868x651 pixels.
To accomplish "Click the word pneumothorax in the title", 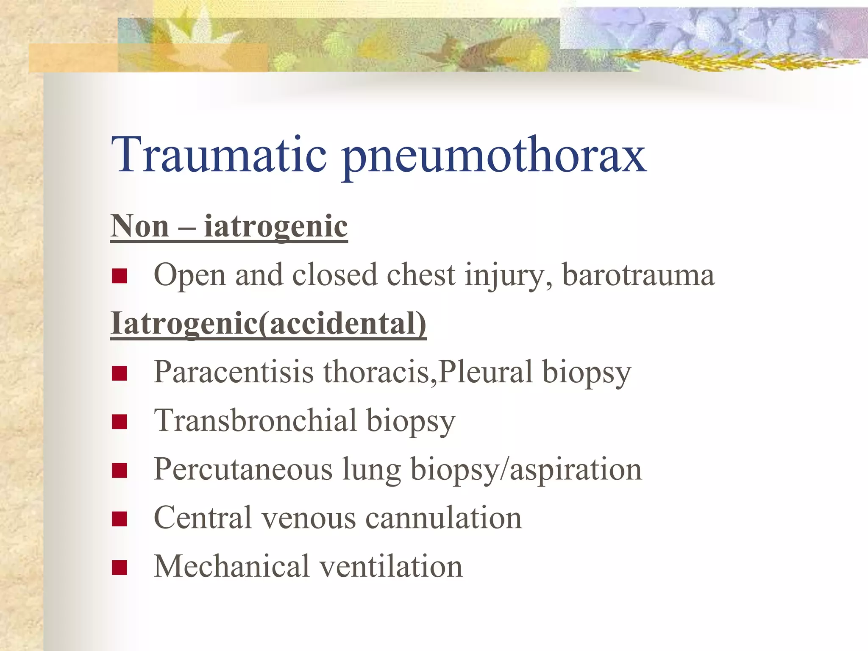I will (494, 157).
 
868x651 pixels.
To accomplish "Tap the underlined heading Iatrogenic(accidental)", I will (268, 323).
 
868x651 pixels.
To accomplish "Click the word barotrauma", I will (638, 275).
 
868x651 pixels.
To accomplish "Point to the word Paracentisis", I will (234, 372).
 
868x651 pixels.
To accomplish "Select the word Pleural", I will (485, 372).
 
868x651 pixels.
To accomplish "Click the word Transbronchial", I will (255, 420).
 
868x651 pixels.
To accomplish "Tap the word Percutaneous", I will (243, 469).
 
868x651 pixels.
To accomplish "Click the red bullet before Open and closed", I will (120, 276).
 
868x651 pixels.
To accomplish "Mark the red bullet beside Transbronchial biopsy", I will (120, 422).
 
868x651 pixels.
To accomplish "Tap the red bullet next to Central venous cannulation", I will (120, 519).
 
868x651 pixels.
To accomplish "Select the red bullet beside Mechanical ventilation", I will (120, 568).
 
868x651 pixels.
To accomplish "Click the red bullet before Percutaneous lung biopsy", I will (120, 470).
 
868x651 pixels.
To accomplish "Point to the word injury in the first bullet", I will (509, 275).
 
